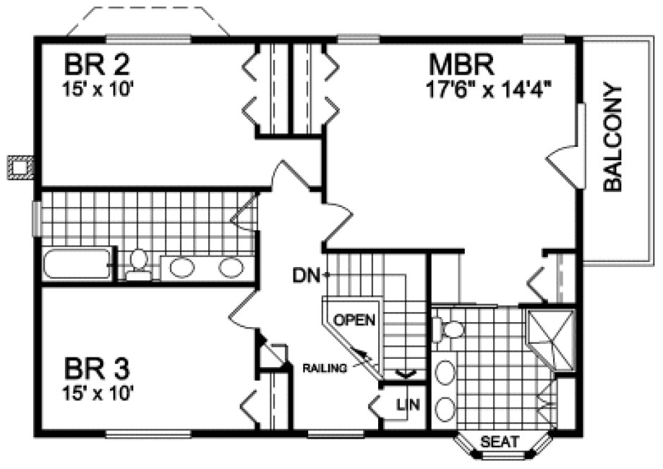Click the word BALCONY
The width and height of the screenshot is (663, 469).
614,138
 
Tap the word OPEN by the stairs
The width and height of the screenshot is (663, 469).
351,319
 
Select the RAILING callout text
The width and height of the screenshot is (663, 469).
324,367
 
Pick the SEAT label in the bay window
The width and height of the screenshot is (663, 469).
499,441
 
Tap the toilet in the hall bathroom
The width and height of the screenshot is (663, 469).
138,263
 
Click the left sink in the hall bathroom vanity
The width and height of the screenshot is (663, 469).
183,267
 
